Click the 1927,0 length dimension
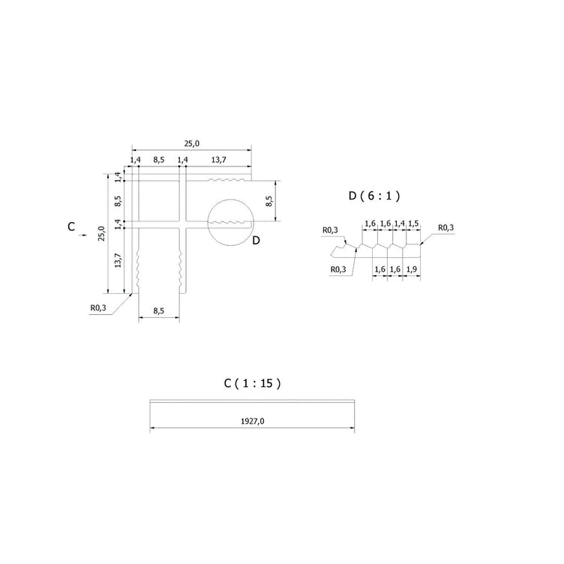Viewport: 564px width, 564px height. coord(252,421)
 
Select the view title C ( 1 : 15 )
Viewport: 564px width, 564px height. coord(252,383)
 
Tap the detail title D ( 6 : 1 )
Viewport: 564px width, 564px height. coord(374,196)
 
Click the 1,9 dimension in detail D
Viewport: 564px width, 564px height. coord(412,269)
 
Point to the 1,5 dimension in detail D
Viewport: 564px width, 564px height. coord(413,223)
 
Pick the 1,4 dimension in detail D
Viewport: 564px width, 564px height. coord(399,223)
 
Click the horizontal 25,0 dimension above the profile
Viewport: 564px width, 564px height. coord(192,143)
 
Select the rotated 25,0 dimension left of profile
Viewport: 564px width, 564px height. coord(102,233)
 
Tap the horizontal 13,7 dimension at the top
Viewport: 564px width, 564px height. coord(218,160)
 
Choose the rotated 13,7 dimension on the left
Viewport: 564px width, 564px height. coord(118,260)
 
